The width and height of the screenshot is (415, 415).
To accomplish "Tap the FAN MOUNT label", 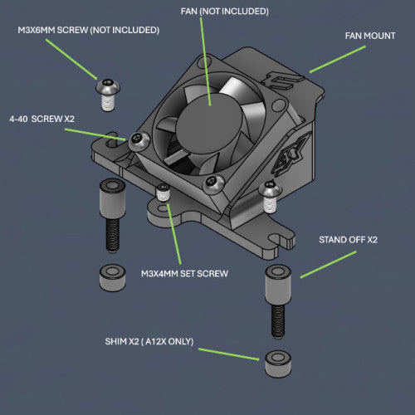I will coord(369,36).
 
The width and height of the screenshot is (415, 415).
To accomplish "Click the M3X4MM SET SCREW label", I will coord(184,272).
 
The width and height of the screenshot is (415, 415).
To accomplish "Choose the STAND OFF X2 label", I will coord(348,239).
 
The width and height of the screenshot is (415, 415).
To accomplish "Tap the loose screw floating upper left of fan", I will coord(106,92).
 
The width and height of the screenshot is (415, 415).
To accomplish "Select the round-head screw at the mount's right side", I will coord(269,193).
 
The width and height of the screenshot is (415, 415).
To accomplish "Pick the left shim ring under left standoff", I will coord(111,277).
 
